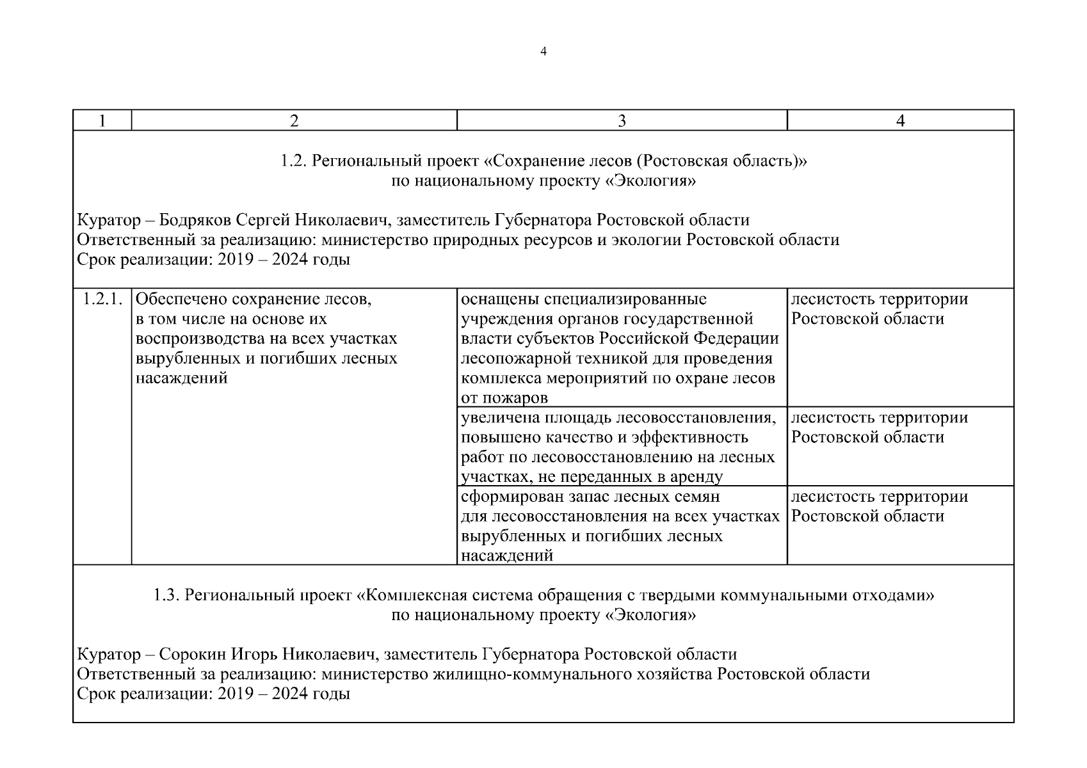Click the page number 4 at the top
tap(543, 52)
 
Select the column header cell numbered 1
tap(102, 121)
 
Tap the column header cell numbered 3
tap(621, 121)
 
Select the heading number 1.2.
tap(294, 161)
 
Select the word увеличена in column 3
tap(500, 418)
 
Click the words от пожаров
tap(504, 398)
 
